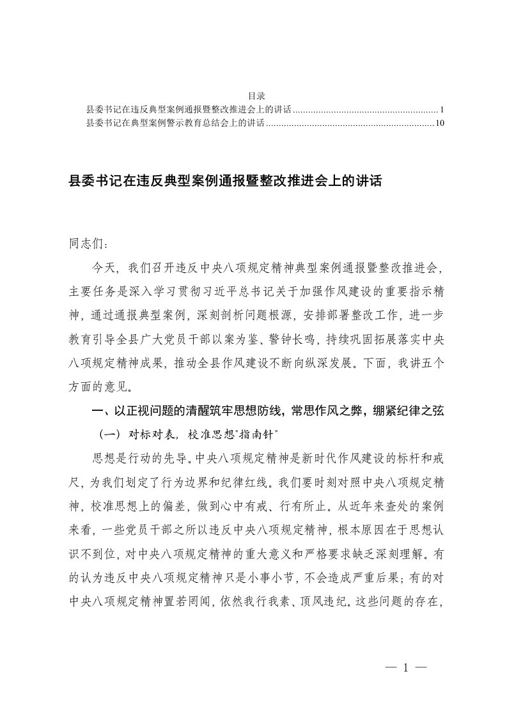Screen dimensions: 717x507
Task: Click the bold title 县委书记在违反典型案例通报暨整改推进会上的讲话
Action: coord(224,181)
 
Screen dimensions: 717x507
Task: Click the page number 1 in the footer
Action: coord(406,668)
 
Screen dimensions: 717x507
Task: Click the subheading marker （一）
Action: coord(106,435)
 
